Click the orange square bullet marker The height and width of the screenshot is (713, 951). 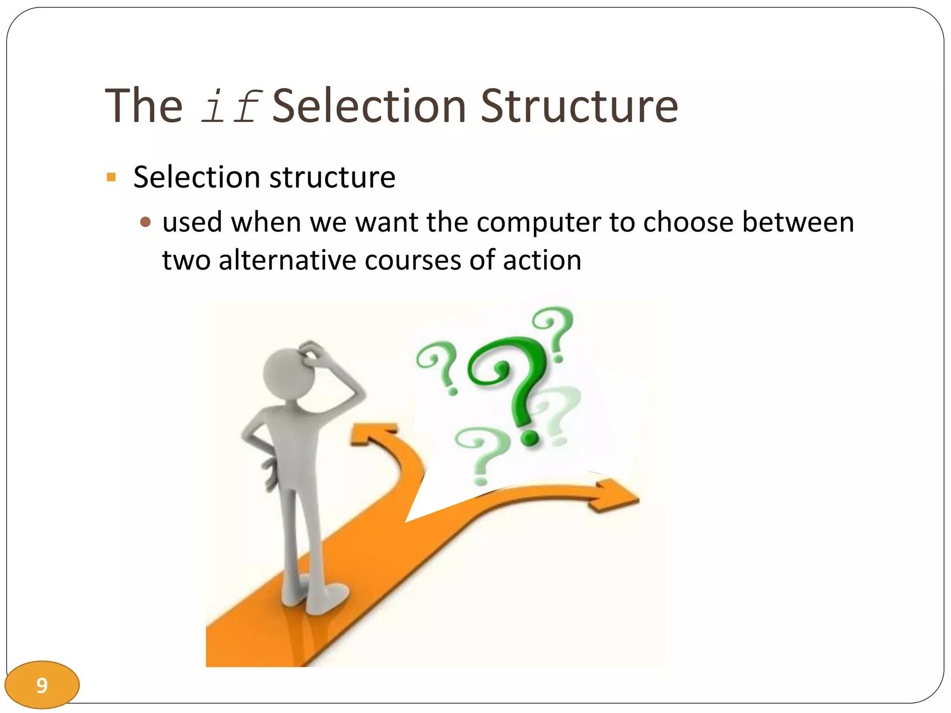(111, 177)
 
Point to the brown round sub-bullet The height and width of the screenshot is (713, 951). (145, 222)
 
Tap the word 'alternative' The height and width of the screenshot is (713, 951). (287, 260)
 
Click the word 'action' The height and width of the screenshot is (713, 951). (542, 260)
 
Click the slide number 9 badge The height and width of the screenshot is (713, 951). (42, 685)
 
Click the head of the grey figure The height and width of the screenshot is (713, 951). (288, 374)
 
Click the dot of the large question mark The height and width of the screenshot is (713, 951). (529, 437)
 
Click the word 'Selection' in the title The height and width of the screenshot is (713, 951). (369, 107)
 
